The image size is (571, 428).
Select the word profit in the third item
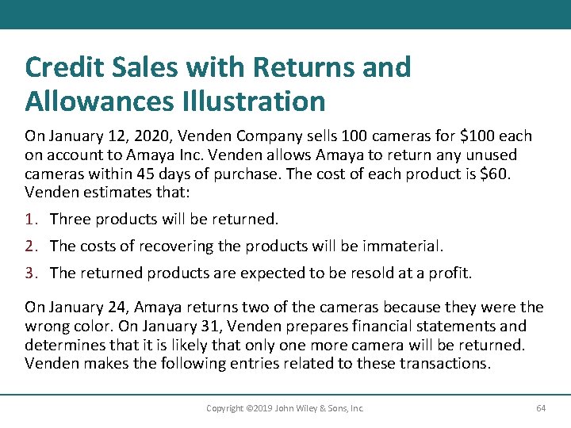coord(450,273)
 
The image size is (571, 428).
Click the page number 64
coord(541,408)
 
